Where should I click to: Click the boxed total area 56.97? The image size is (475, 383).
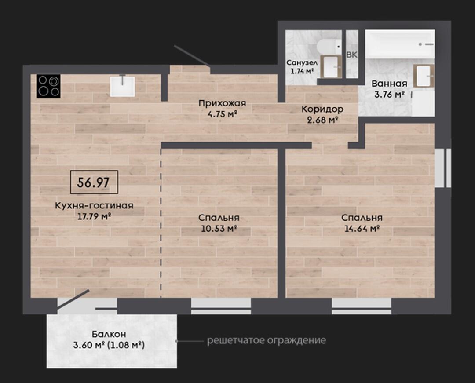[x=94, y=182]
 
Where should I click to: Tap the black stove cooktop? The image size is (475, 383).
[x=48, y=86]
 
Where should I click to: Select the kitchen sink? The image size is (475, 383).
[x=122, y=86]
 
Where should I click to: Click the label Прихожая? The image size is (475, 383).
[x=222, y=103]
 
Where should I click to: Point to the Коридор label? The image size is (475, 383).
[x=322, y=109]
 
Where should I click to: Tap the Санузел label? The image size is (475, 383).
[x=302, y=63]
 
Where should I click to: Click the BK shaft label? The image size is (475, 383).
[x=352, y=55]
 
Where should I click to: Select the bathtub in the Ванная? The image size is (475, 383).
[x=400, y=44]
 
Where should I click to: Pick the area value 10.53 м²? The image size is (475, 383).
[x=219, y=229]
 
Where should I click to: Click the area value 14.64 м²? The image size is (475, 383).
[x=362, y=229]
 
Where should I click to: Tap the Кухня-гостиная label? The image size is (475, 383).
[x=94, y=206]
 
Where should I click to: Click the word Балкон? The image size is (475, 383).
[x=109, y=334]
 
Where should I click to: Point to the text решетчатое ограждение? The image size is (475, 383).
[x=267, y=341]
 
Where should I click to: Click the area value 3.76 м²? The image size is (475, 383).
[x=390, y=95]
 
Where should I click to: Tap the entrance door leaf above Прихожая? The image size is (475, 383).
[x=192, y=55]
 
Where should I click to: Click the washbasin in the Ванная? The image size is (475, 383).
[x=424, y=76]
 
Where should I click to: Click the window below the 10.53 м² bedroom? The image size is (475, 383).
[x=221, y=306]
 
